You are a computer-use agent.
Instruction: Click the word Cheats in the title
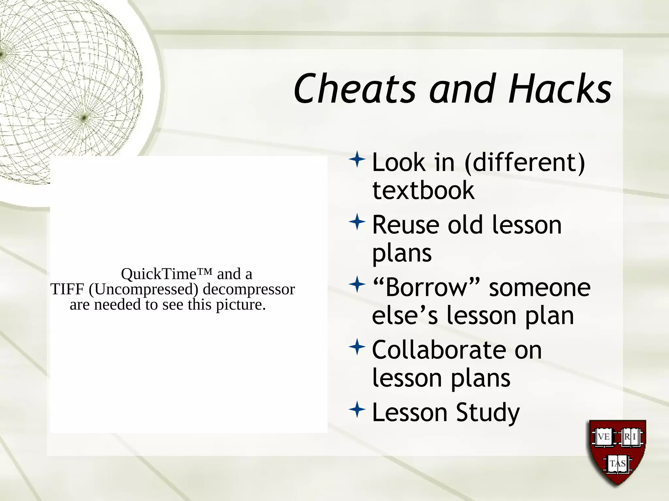pyautogui.click(x=355, y=89)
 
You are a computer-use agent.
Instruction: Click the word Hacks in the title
pyautogui.click(x=560, y=89)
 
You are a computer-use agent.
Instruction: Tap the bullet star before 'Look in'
pyautogui.click(x=357, y=160)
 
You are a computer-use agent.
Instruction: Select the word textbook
pyautogui.click(x=423, y=190)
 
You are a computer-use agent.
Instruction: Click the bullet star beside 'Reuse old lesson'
pyautogui.click(x=357, y=222)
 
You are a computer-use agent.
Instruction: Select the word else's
pyautogui.click(x=405, y=316)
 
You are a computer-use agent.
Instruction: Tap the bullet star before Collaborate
pyautogui.click(x=357, y=347)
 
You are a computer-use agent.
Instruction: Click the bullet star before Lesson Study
pyautogui.click(x=357, y=410)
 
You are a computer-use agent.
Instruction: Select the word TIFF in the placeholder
pyautogui.click(x=67, y=289)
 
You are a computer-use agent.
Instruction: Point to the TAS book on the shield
pyautogui.click(x=617, y=463)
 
